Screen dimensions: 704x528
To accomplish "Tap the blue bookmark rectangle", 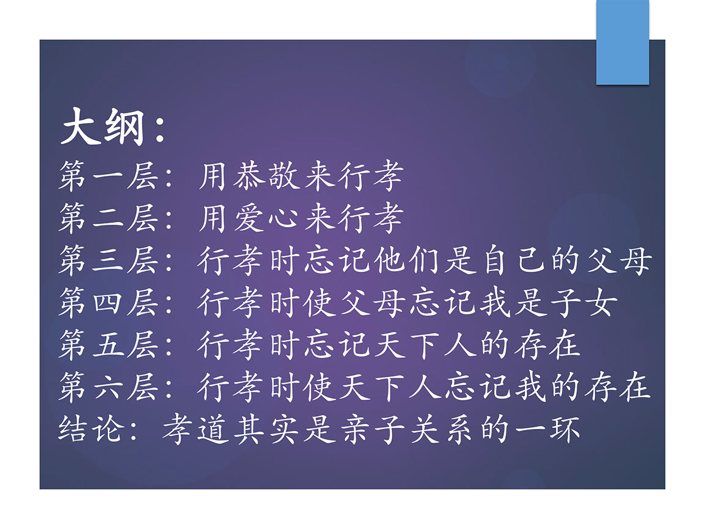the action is pyautogui.click(x=622, y=42).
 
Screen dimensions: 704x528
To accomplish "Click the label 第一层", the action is pyautogui.click(x=109, y=176).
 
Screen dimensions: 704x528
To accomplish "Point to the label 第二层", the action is pyautogui.click(x=109, y=218).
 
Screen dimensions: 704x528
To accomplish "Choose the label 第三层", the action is pyautogui.click(x=109, y=260).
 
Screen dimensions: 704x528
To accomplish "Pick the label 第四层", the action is pyautogui.click(x=109, y=302).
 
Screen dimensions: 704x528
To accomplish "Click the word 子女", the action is pyautogui.click(x=584, y=302).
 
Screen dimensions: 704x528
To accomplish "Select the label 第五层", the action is pyautogui.click(x=109, y=344).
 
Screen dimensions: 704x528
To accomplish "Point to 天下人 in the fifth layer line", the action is pyautogui.click(x=425, y=344).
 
